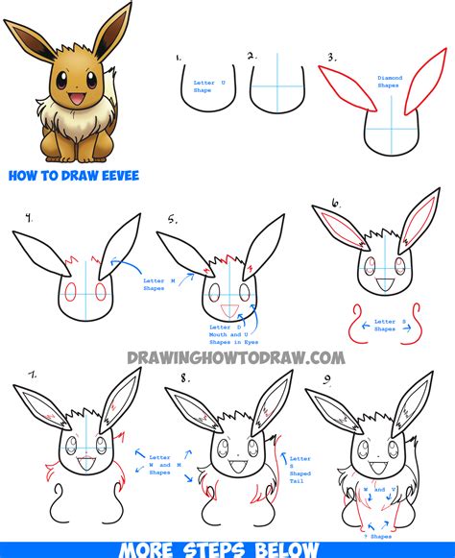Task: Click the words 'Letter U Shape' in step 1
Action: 204,86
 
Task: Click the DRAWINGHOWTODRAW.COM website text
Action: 235,357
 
